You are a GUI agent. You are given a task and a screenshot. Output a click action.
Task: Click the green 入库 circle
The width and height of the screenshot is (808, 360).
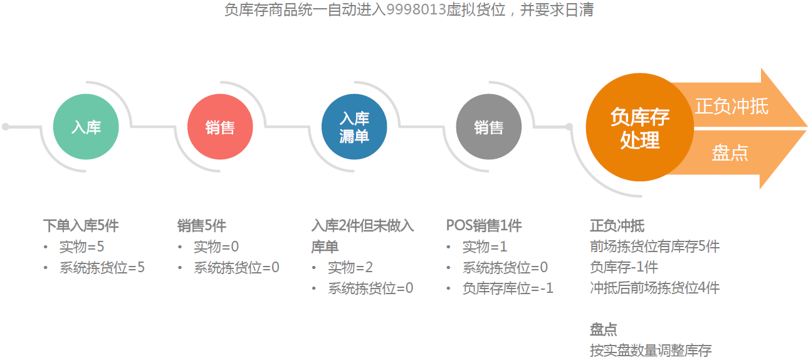coord(86,127)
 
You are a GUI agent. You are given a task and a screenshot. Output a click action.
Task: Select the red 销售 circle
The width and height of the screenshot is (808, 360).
coord(220,127)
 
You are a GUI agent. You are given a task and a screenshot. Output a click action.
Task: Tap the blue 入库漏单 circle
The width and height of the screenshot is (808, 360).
coord(354,127)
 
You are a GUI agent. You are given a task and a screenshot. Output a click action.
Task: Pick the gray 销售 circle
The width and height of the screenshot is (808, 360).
coord(488,127)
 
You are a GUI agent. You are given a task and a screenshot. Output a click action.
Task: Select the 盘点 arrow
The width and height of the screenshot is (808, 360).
coord(733,153)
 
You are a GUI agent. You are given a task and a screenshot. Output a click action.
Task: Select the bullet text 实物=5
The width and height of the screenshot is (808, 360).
coord(81,246)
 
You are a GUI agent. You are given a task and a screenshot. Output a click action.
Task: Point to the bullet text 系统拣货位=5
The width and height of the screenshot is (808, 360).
coord(102,268)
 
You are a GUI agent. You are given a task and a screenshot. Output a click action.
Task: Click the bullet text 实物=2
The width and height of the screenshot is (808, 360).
coord(350,268)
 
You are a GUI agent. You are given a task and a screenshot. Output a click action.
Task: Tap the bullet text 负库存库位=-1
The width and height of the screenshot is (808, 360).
coord(508,289)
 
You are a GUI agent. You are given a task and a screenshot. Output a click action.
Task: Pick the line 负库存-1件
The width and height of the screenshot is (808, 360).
coord(624,268)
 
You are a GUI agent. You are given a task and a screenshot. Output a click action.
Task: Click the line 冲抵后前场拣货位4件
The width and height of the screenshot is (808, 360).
coord(654,289)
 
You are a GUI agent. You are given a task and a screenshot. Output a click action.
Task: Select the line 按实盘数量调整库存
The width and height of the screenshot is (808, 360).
coord(651,351)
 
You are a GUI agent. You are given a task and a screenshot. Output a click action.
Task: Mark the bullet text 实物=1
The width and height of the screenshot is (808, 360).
coord(485,246)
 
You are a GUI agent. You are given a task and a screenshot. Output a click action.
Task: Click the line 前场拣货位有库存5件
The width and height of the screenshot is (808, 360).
coord(654,246)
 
